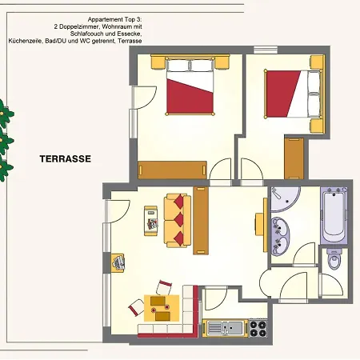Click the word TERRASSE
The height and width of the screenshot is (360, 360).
pos(66,159)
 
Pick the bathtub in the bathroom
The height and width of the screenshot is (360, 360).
pos(334,217)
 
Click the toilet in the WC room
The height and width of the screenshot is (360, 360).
pos(334,261)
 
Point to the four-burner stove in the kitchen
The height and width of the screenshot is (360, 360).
pos(257,327)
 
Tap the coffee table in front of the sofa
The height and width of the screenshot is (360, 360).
pos(150,219)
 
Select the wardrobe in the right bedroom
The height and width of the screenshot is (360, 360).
pos(294,157)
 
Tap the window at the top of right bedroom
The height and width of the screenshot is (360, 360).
pos(264,50)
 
